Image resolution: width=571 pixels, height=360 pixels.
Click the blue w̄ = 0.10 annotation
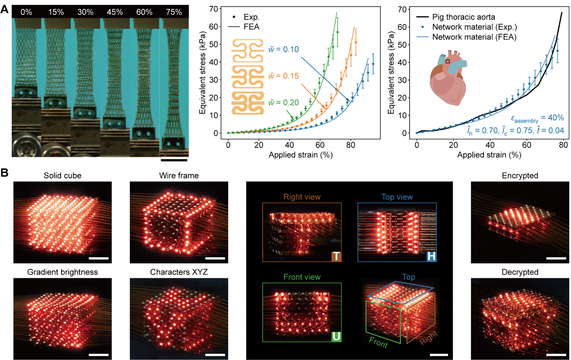pos(283,49)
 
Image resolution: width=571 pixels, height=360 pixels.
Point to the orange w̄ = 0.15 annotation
pos(283,76)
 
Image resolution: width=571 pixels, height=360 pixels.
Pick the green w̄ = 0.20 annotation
pos(283,102)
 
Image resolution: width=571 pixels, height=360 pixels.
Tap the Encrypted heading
pos(520,176)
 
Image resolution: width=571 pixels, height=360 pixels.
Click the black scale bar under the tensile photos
pos(173,159)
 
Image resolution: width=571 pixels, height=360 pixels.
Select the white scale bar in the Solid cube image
pos(99,258)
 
